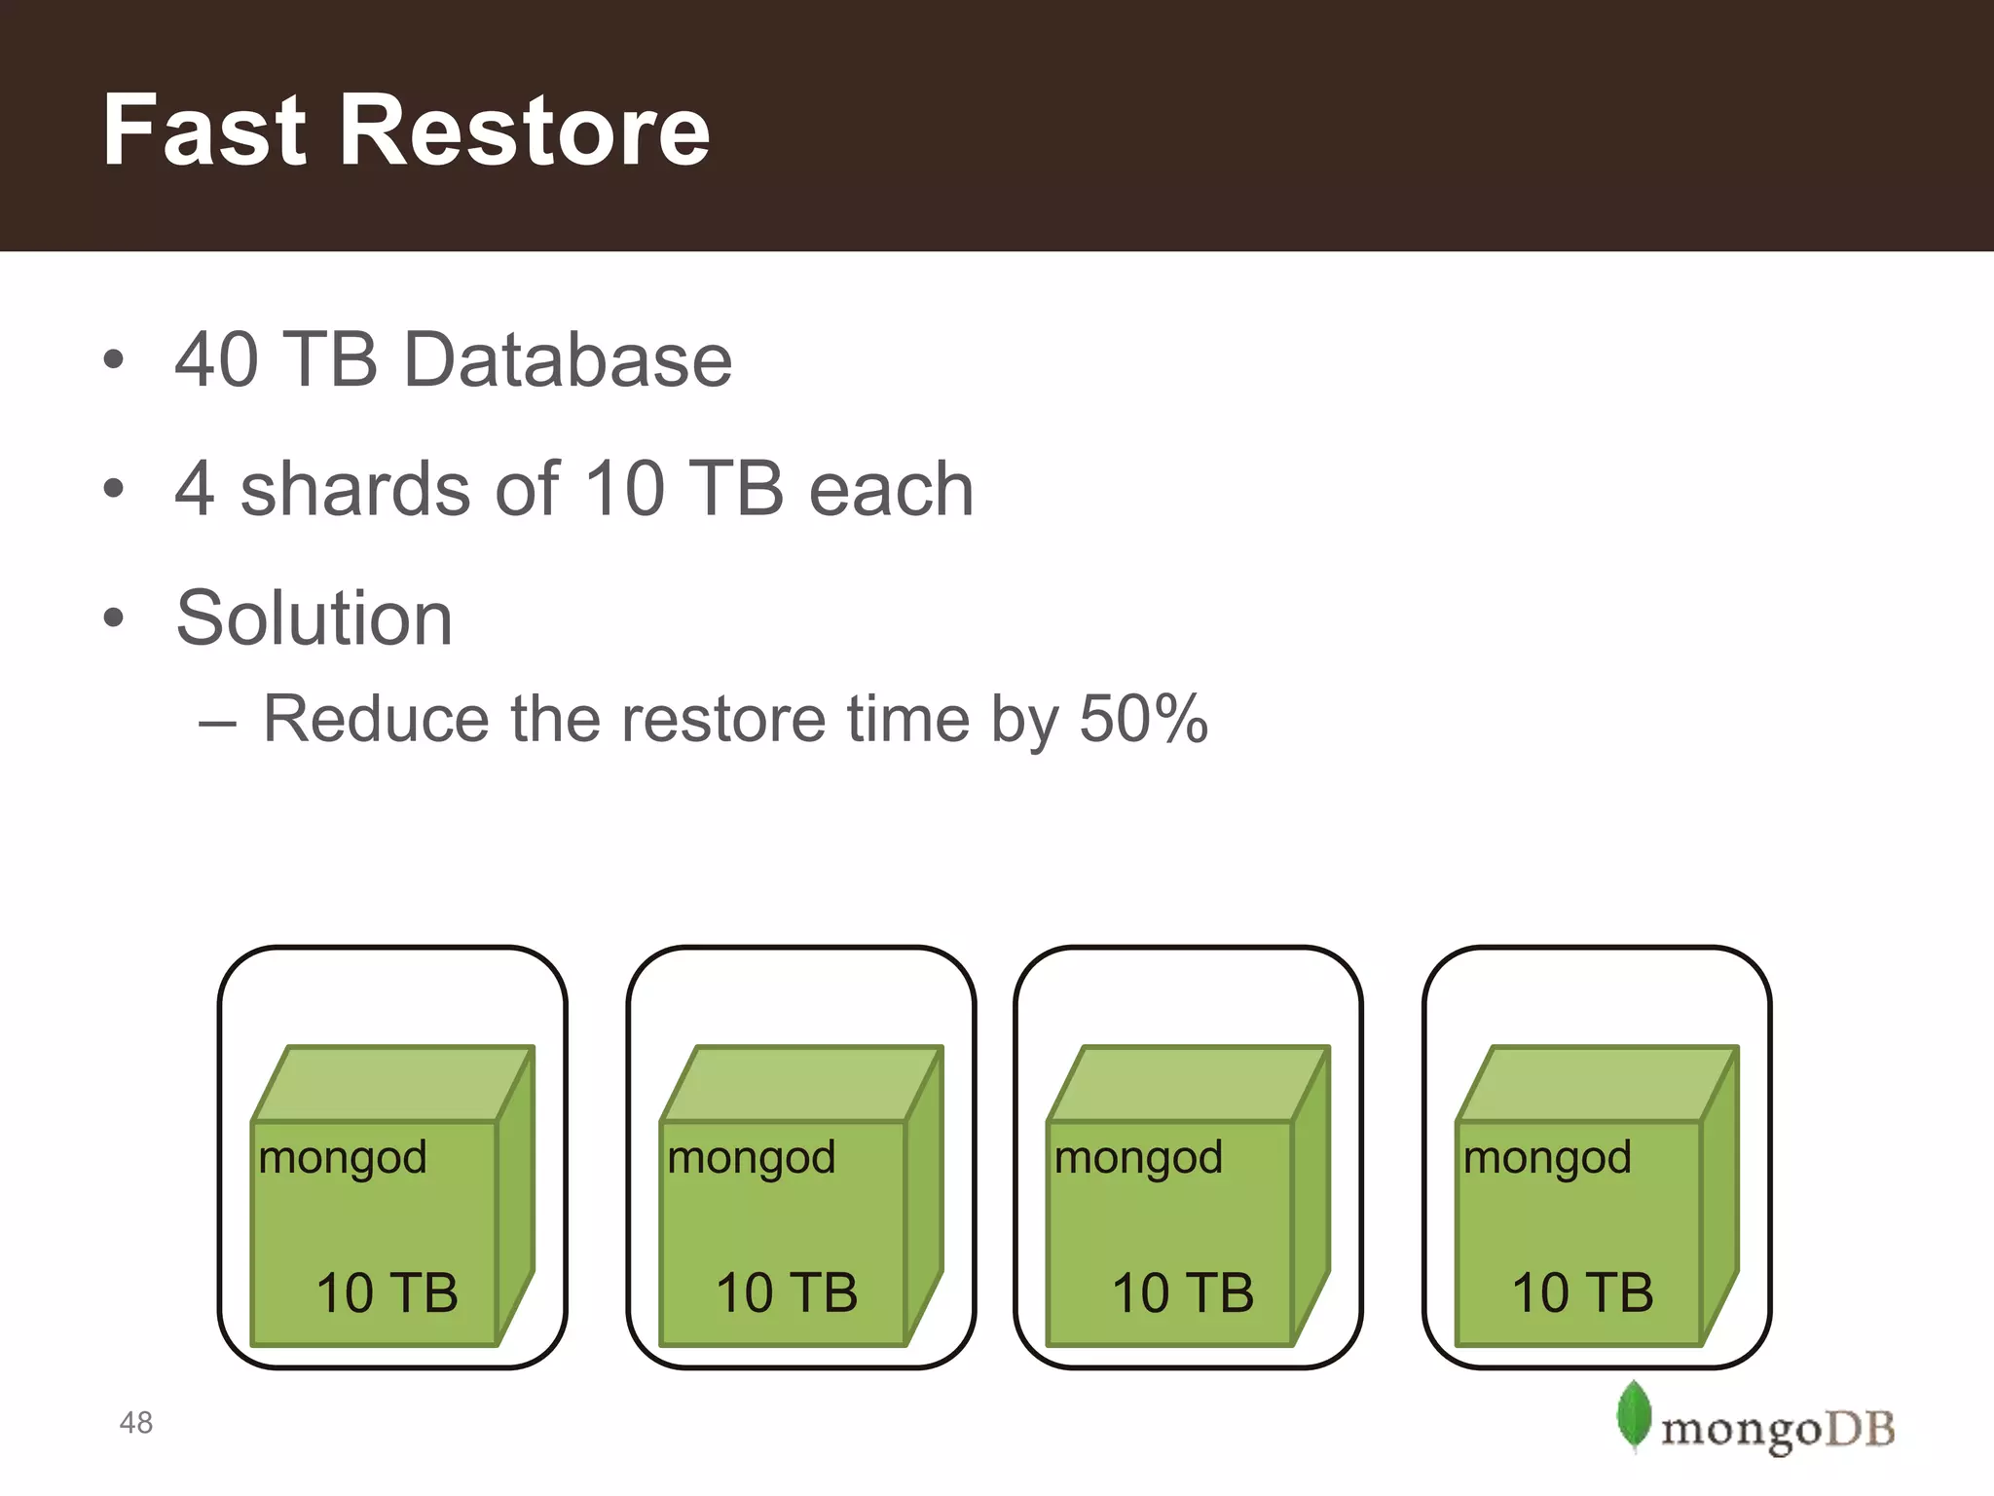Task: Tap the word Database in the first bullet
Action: coord(567,359)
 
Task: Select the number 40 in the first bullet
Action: coord(216,359)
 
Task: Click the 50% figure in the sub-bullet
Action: coord(1144,719)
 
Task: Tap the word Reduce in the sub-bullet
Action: coord(374,719)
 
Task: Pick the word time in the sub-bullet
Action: coord(909,719)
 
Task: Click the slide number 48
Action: coord(136,1423)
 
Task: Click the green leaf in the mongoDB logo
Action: coord(1634,1414)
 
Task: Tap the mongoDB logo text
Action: coord(1777,1430)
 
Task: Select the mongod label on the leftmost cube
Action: coord(343,1159)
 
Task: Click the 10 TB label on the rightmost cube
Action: coord(1582,1293)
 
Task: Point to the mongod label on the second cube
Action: coord(752,1159)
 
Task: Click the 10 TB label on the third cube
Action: coord(1183,1293)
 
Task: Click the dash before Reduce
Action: coord(217,723)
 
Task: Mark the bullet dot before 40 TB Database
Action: coord(114,359)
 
